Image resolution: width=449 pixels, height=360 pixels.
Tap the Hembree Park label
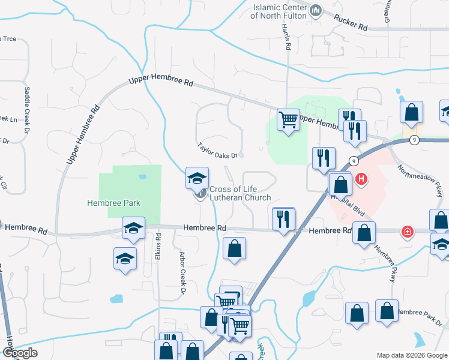[x=113, y=203]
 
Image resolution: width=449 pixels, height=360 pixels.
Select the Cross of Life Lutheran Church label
[x=240, y=193]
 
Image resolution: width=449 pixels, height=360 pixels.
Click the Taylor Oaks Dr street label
[x=217, y=150]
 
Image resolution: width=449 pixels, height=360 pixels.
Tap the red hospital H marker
[x=361, y=178]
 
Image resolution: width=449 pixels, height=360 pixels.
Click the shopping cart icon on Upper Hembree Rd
[x=288, y=120]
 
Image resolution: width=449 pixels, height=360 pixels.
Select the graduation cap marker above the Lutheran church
[x=197, y=178]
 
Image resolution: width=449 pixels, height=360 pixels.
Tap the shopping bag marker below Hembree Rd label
[x=234, y=248]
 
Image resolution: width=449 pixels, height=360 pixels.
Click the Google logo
[x=20, y=353]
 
